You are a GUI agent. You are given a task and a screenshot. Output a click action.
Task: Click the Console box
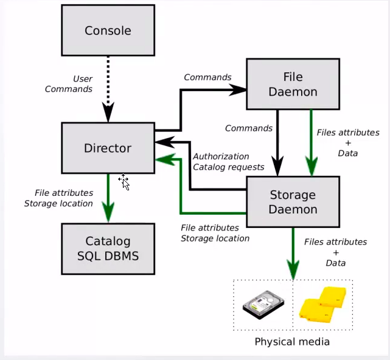pos(108,30)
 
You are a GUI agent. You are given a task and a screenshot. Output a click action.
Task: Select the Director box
pos(108,148)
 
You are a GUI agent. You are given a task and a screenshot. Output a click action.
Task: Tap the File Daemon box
pos(292,84)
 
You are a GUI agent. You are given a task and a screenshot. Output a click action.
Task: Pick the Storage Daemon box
pos(293,202)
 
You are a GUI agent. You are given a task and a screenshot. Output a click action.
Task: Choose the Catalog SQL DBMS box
pos(108,248)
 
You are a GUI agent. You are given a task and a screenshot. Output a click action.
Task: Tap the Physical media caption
pos(292,341)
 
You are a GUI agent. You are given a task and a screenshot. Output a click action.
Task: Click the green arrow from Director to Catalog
pos(108,198)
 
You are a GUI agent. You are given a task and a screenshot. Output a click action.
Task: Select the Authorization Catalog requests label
pos(228,161)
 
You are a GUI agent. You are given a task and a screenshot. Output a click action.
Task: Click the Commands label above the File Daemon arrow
pos(207,77)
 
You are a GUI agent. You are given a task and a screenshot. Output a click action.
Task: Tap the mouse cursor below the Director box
pos(124,181)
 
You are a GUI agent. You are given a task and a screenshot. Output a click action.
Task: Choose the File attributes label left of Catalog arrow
pos(58,198)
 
